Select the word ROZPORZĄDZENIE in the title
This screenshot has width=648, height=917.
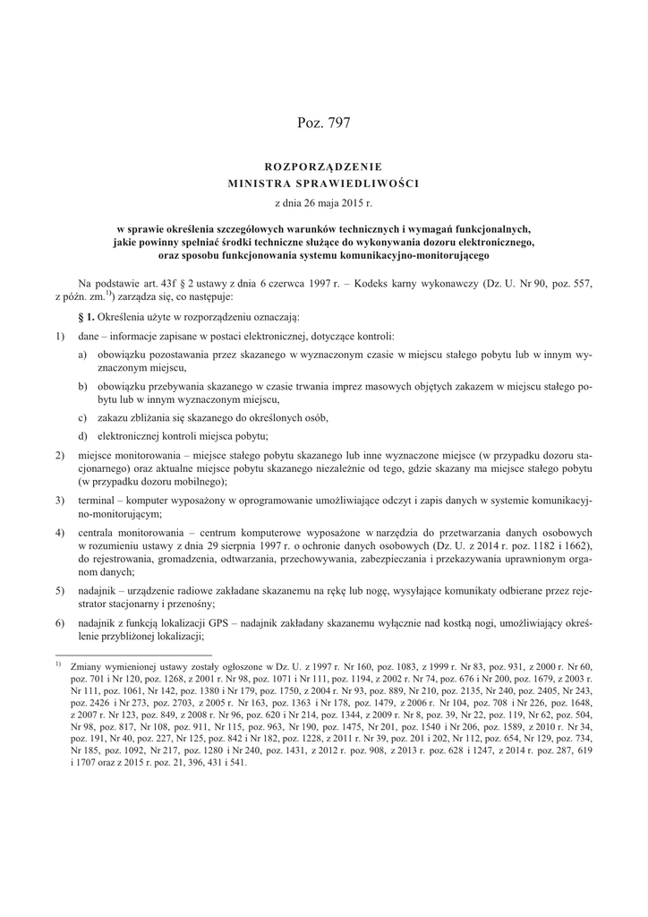point(324,166)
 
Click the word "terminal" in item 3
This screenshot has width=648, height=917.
point(98,500)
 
